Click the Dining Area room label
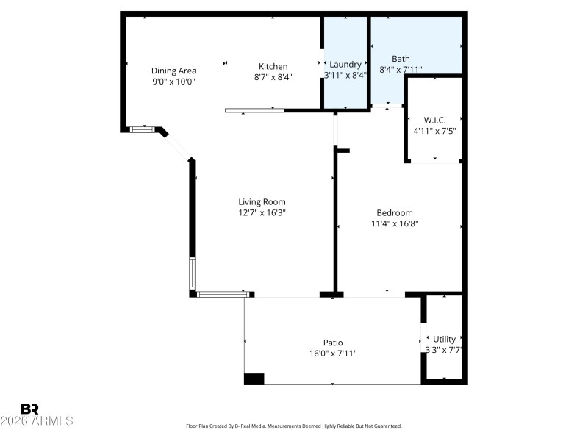click(173, 71)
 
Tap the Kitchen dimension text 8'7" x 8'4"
click(273, 77)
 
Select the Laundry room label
click(345, 64)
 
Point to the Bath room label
click(401, 59)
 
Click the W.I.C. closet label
click(434, 120)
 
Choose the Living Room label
click(262, 202)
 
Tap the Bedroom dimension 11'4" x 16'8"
click(395, 224)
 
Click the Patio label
click(333, 343)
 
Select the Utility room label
click(444, 339)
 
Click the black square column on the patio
click(254, 379)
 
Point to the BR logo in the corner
click(29, 409)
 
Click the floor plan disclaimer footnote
click(293, 426)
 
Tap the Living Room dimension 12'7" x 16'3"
click(262, 213)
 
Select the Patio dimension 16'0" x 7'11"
click(333, 354)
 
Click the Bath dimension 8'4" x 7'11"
click(401, 70)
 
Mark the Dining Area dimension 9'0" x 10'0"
click(173, 82)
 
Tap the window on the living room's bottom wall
click(223, 294)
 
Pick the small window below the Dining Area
click(143, 129)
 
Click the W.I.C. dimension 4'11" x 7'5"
click(434, 131)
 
